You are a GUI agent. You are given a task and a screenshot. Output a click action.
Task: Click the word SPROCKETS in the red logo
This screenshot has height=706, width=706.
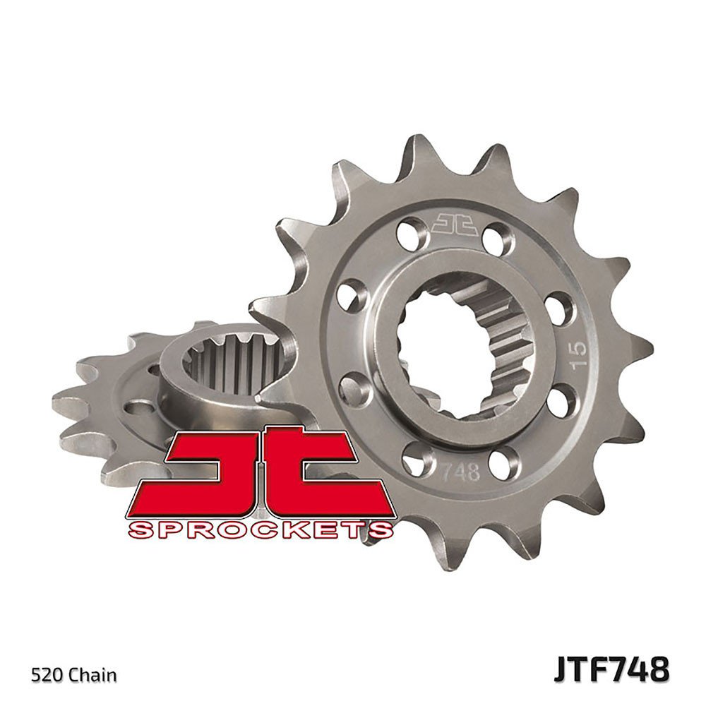click(x=260, y=529)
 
